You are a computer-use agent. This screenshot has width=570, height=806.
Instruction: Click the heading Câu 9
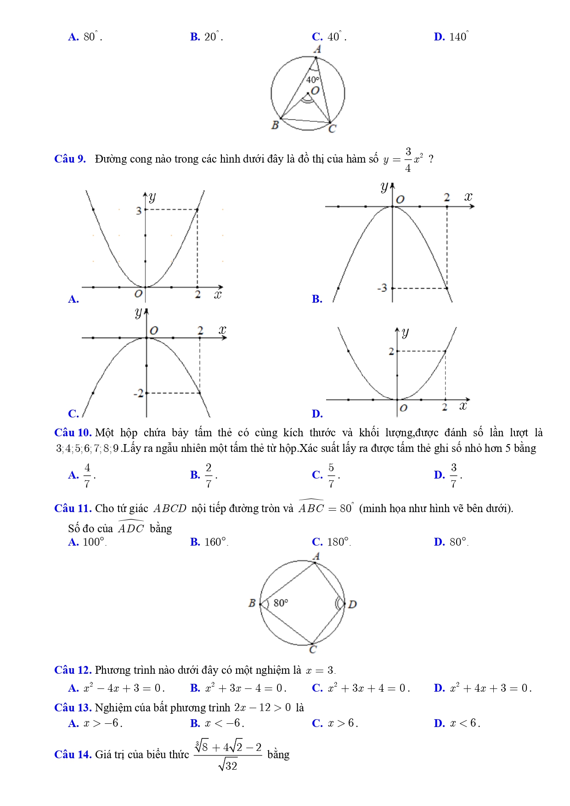pos(70,159)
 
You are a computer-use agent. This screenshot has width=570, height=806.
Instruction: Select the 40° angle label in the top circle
pos(312,80)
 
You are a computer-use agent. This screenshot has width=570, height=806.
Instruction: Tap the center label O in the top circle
pos(315,90)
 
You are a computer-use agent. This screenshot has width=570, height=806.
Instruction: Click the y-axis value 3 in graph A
pos(139,211)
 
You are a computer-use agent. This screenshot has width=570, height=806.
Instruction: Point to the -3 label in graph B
pos(382,288)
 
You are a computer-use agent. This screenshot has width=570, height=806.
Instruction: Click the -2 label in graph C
pos(138,393)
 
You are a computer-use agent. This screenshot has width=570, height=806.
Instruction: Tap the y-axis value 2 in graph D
pos(391,351)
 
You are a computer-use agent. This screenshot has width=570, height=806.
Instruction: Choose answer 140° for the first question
pos(458,37)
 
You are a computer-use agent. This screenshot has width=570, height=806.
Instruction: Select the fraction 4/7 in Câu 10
pos(87,475)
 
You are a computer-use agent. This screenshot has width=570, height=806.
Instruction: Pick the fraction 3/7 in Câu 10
pos(453,475)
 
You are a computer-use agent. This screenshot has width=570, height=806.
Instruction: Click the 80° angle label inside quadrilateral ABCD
pos(281,603)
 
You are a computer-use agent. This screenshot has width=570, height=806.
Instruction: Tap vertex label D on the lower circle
pos(352,604)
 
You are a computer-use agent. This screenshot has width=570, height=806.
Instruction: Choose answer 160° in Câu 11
pos(215,542)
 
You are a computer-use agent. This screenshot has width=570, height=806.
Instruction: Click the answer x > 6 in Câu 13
pos(343,723)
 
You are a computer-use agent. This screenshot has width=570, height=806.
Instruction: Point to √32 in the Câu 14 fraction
pos(228,765)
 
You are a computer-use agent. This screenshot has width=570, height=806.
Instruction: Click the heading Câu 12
pos(73,670)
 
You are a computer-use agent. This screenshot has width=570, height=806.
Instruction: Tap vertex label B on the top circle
pos(275,124)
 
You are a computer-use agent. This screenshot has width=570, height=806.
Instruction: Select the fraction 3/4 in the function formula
pos(408,159)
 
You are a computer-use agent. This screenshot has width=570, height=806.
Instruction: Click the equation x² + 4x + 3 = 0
pos(490,688)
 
